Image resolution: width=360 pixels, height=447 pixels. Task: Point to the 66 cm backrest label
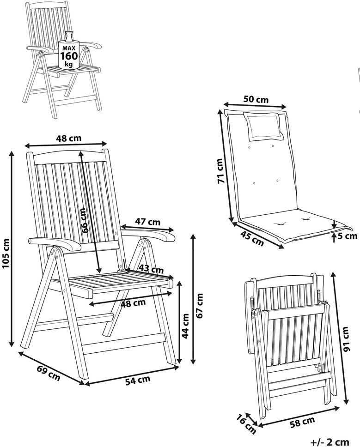(x=83, y=221)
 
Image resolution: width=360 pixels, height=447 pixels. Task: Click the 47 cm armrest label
(x=147, y=222)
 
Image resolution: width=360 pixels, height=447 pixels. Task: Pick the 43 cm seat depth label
(x=151, y=269)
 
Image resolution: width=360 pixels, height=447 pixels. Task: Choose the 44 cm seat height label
(x=185, y=326)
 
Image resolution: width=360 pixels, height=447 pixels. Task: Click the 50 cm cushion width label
(x=256, y=99)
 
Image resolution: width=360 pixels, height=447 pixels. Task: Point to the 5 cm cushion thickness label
(x=348, y=236)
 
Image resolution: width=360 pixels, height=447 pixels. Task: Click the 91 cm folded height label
(x=346, y=339)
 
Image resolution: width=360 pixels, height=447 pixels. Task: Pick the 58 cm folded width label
(x=302, y=421)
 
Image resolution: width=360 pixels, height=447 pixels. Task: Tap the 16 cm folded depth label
(x=245, y=424)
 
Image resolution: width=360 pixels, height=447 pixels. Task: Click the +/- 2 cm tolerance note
(x=330, y=441)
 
